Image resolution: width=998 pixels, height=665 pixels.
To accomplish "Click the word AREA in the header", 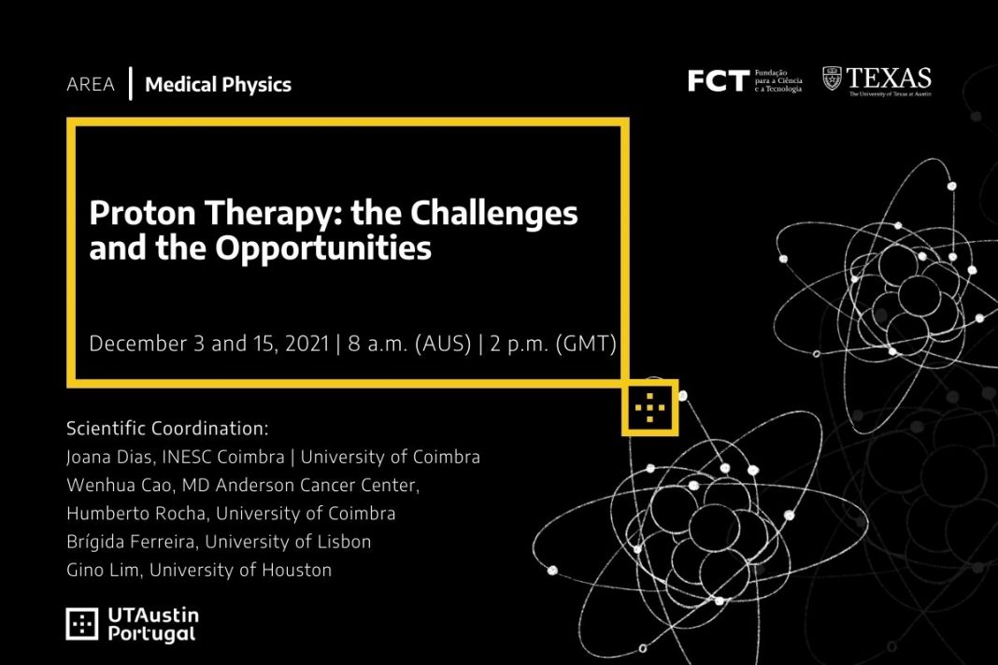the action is (91, 84).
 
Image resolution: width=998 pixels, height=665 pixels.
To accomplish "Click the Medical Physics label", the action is (219, 85).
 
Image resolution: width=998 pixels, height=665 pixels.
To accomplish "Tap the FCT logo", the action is (745, 81).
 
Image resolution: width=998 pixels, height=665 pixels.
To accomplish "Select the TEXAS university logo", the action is (877, 81).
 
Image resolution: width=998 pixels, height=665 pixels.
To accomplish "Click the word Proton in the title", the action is (143, 213).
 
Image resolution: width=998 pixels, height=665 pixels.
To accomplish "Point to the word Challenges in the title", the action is (494, 214).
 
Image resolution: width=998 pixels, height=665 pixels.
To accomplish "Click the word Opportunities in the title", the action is (323, 248).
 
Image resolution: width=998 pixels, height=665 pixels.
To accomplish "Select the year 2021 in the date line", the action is (307, 344).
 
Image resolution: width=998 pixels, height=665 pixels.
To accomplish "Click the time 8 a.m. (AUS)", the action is (409, 344).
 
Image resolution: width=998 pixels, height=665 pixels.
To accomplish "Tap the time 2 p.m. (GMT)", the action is (553, 344).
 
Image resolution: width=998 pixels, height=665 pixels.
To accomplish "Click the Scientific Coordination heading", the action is (167, 429).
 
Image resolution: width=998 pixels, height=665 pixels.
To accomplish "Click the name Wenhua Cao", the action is (119, 485).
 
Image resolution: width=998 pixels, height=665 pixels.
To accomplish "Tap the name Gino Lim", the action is (103, 570).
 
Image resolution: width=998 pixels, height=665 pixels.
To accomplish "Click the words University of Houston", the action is (240, 570).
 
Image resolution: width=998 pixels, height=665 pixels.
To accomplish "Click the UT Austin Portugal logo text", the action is (153, 624).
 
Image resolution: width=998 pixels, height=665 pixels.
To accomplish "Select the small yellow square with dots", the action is (649, 408).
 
